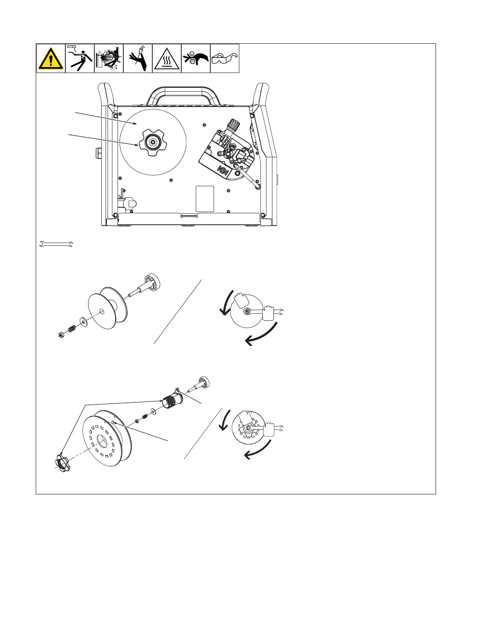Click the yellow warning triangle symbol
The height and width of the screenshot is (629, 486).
(x=51, y=58)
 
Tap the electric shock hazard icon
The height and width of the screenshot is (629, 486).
(x=80, y=58)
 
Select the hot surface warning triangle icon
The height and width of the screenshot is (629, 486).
(x=167, y=58)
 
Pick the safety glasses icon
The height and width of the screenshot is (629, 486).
(x=225, y=58)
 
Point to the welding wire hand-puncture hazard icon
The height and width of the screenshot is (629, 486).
(x=138, y=58)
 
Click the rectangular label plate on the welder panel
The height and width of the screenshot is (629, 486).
(x=205, y=199)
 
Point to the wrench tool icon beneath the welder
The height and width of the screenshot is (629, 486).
(x=56, y=244)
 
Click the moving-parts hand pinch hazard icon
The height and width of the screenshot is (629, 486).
(x=196, y=58)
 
